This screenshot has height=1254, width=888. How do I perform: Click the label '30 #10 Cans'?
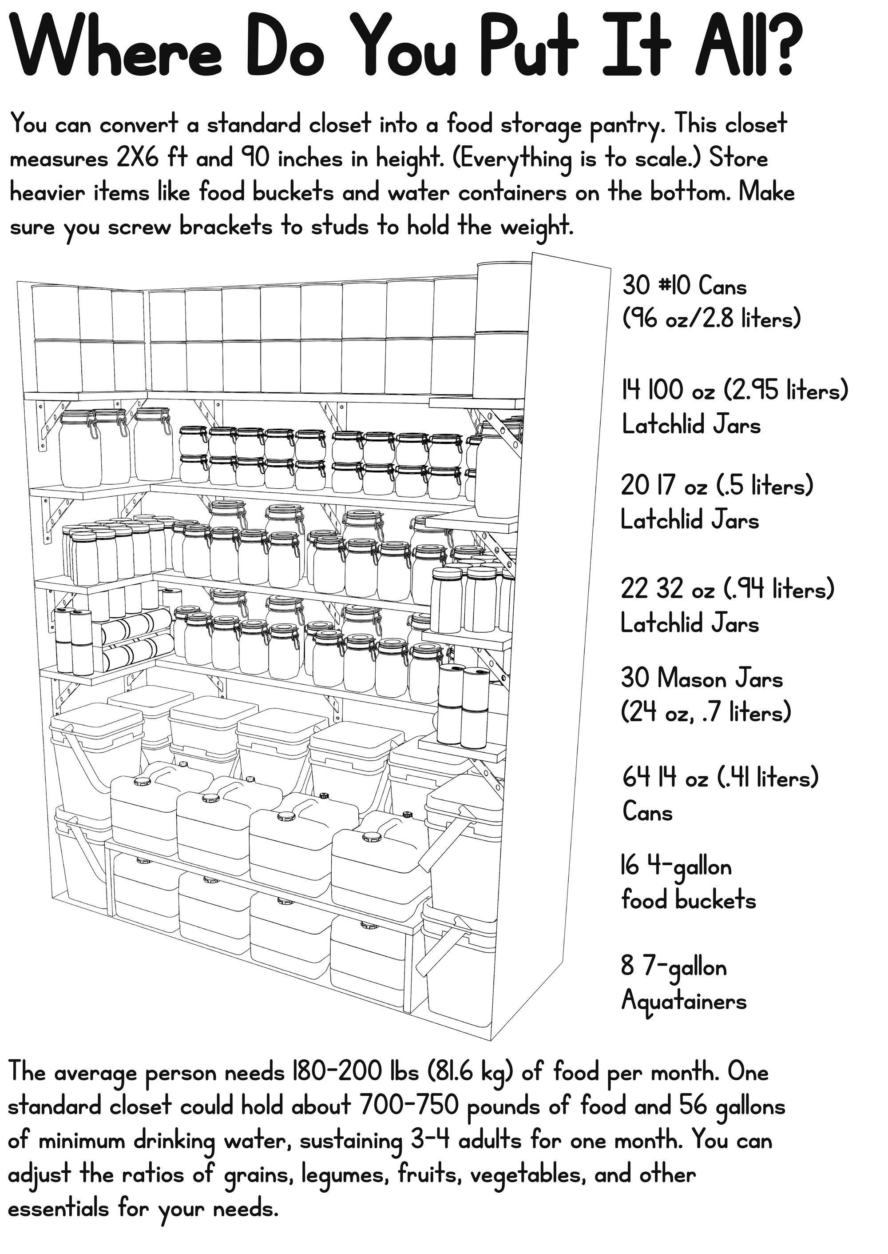684,286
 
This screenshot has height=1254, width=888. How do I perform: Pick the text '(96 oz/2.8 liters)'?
711,319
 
